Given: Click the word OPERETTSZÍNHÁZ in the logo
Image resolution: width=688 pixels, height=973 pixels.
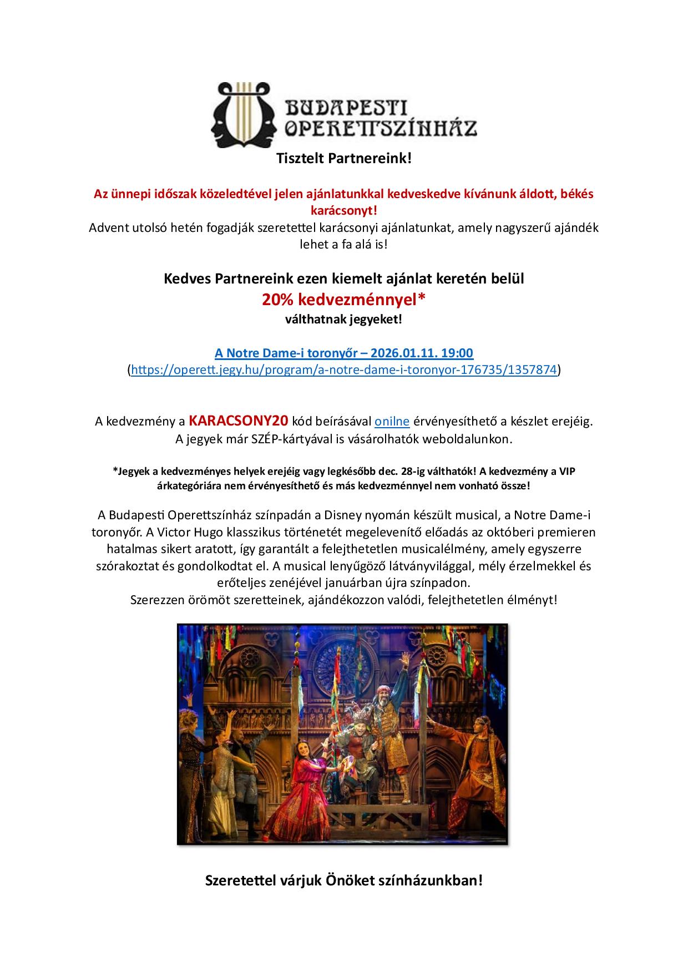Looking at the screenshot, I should click(x=381, y=128).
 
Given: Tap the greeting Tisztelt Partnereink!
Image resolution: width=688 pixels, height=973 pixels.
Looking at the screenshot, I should click(x=344, y=159).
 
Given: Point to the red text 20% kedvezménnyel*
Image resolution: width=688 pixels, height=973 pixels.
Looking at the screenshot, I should click(x=344, y=300).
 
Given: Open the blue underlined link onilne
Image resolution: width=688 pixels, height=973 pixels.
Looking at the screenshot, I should click(x=392, y=421).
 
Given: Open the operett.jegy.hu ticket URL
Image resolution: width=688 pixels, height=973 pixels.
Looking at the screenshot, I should click(x=344, y=370).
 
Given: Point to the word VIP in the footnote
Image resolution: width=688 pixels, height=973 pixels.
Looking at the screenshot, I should click(x=566, y=471).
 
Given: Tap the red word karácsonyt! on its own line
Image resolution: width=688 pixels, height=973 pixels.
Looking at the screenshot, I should click(x=344, y=211).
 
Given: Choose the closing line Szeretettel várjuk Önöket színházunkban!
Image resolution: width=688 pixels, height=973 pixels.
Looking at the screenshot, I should click(x=344, y=880).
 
